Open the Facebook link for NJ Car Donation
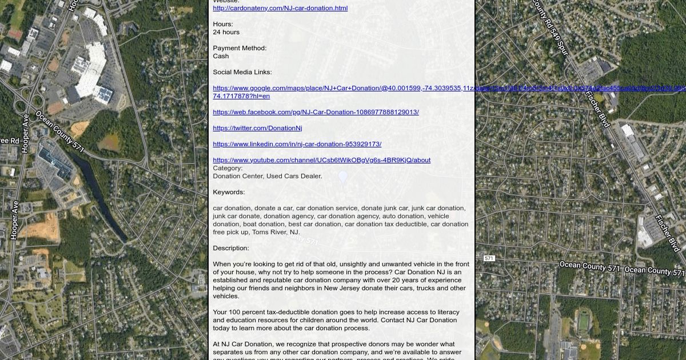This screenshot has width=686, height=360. click(x=316, y=112)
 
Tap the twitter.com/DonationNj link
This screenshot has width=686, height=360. click(x=257, y=128)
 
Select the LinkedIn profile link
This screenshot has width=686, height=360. click(x=297, y=144)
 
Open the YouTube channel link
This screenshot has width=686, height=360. click(x=321, y=160)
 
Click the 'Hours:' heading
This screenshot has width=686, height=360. click(x=223, y=24)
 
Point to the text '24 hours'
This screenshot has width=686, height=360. click(x=226, y=32)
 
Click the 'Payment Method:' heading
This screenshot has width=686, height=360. click(x=240, y=48)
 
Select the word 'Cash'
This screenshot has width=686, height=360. click(x=221, y=56)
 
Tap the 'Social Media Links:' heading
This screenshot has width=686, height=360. click(x=242, y=72)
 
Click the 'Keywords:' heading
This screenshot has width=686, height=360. click(x=229, y=192)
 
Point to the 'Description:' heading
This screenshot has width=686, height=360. click(x=231, y=248)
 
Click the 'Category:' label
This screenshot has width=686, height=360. click(x=228, y=168)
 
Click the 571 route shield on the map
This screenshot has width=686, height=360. click(x=489, y=258)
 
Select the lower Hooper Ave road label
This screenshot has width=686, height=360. click(x=14, y=220)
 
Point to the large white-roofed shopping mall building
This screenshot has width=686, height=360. click(x=91, y=69)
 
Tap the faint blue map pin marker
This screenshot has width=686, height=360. click(x=343, y=178)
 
